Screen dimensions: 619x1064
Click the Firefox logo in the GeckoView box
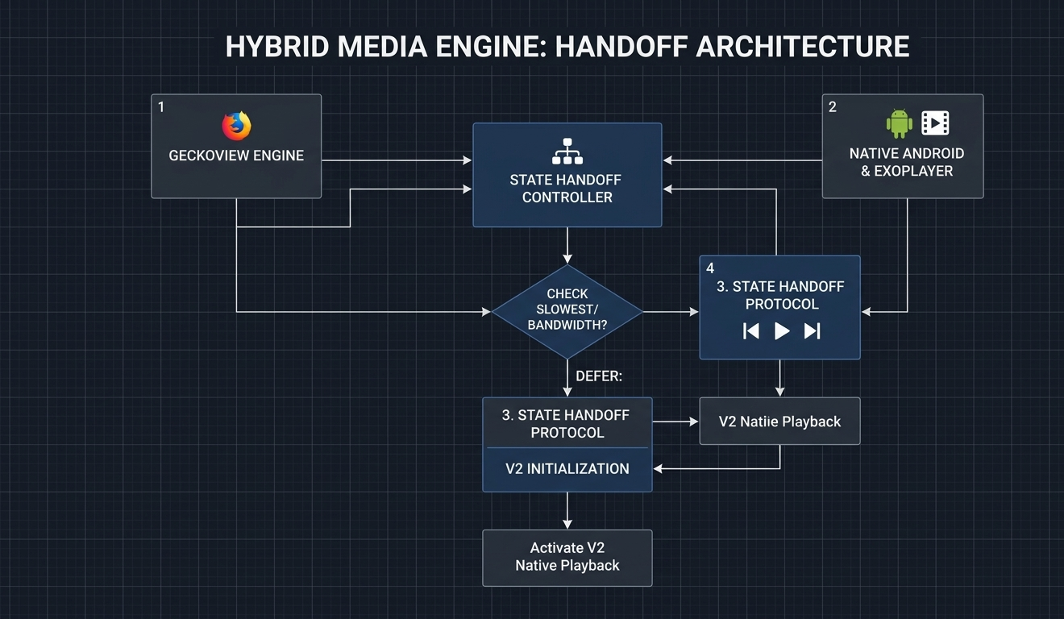[x=236, y=126]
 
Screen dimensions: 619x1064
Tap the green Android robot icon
[x=899, y=124]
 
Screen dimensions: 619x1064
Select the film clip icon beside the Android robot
[x=935, y=123]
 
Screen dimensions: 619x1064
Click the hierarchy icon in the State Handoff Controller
[x=567, y=151]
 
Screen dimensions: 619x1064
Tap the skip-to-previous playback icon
[x=751, y=330]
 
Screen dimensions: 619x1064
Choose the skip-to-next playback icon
[x=812, y=330]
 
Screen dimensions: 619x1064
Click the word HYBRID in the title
[x=277, y=47]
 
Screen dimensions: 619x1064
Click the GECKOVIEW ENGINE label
[x=236, y=156]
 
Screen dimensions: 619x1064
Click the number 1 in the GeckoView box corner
[x=161, y=107]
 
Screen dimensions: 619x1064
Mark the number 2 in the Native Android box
[x=833, y=107]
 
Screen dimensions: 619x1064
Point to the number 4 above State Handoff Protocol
[x=710, y=268]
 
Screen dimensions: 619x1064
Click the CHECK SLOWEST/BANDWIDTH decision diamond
[x=567, y=310]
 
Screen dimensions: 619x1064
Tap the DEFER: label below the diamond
[x=599, y=376]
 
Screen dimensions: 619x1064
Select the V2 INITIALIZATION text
[x=567, y=468]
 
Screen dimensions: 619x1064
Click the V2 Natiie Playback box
[x=779, y=421]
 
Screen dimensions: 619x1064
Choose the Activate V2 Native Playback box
[x=567, y=557]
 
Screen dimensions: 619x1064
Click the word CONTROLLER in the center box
[x=567, y=197]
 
